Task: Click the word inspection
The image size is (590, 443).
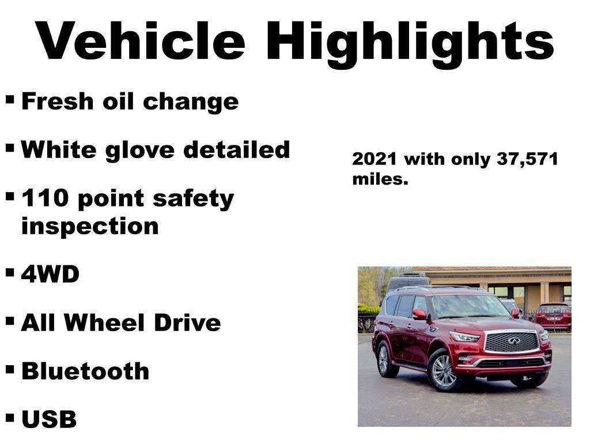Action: click(x=90, y=226)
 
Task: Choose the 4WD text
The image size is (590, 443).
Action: click(x=50, y=275)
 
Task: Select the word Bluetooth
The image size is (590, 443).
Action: click(x=85, y=371)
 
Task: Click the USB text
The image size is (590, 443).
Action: click(x=49, y=419)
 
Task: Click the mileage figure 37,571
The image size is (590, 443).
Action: click(x=527, y=159)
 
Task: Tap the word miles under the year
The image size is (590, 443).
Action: click(x=380, y=179)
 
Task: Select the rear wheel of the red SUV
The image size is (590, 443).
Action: click(x=384, y=359)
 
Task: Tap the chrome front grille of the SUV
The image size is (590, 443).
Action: click(x=512, y=341)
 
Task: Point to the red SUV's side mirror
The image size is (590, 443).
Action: click(x=419, y=314)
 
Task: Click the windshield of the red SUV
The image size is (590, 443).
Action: click(x=469, y=306)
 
